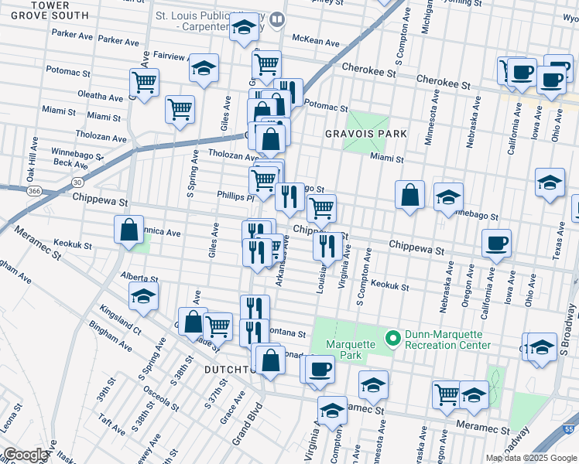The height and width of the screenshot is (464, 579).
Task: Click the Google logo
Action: pyautogui.click(x=25, y=455)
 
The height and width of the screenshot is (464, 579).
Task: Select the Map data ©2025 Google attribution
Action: pyautogui.click(x=530, y=458)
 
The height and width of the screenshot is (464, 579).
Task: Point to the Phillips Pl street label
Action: pyautogui.click(x=235, y=196)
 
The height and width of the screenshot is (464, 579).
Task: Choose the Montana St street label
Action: pyautogui.click(x=289, y=332)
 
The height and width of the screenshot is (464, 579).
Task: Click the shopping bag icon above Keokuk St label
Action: pyautogui.click(x=128, y=229)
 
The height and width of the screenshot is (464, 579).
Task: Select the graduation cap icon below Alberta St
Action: pyautogui.click(x=144, y=295)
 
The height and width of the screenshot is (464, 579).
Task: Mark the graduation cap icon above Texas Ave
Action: pyautogui.click(x=550, y=183)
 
